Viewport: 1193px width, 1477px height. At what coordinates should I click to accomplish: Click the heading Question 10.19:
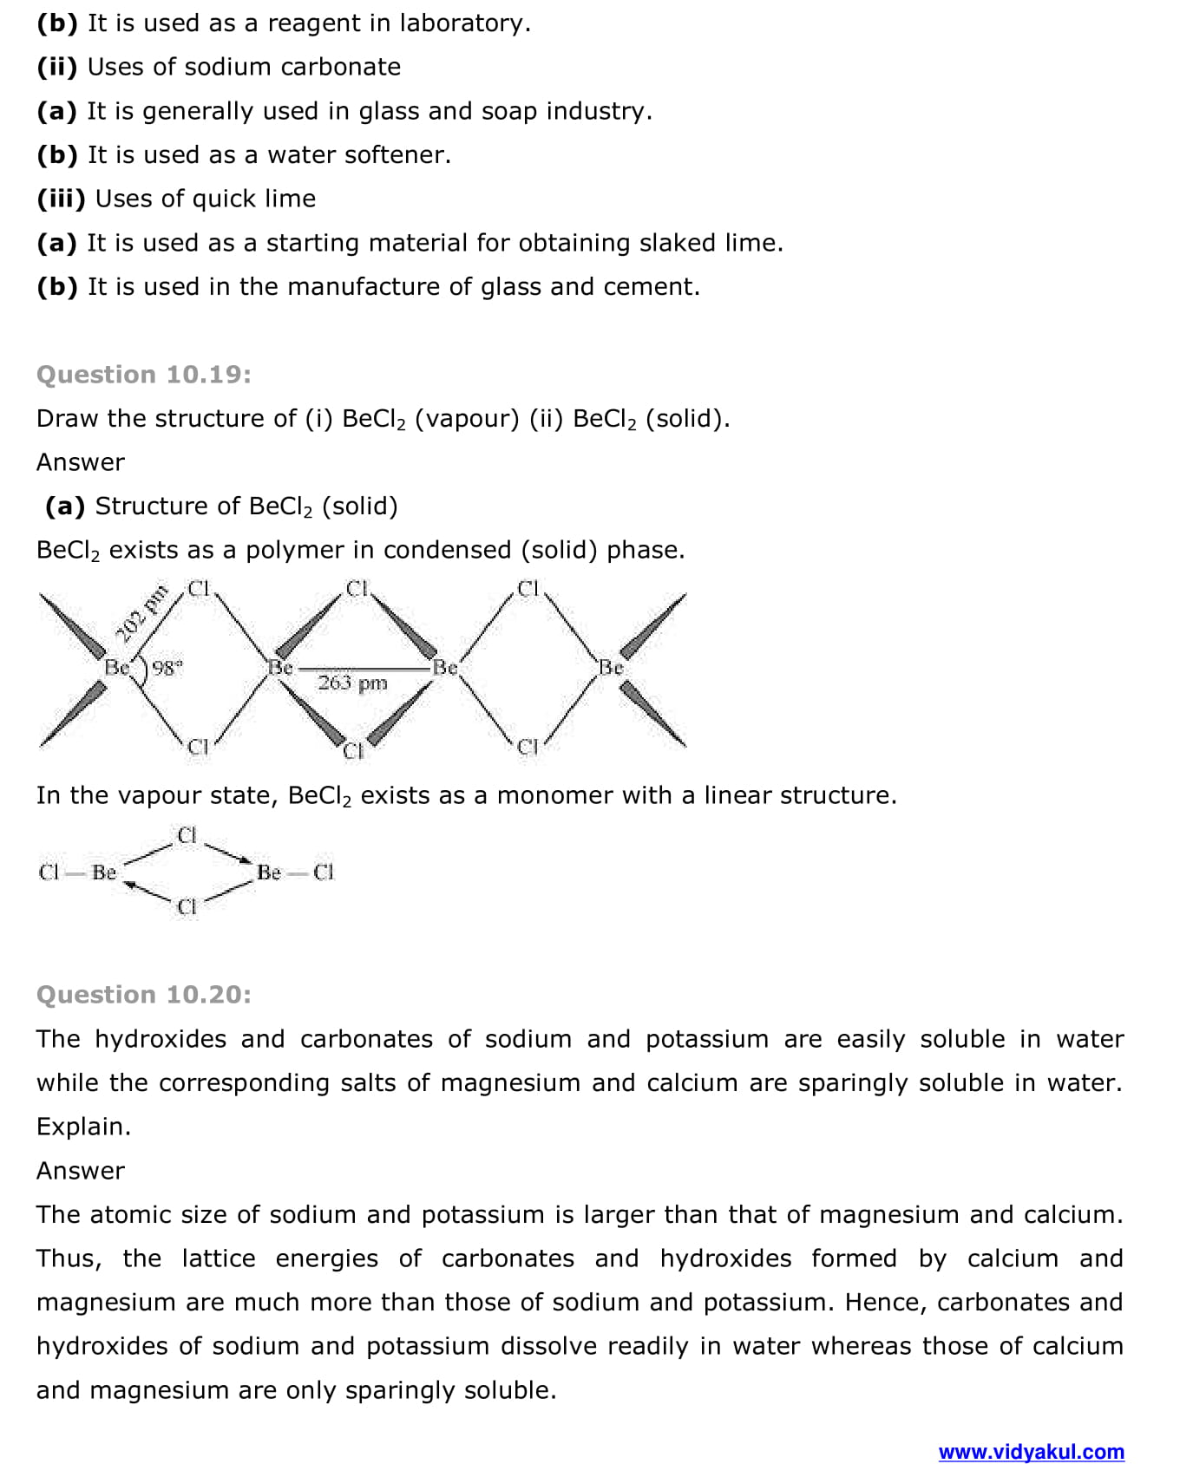[x=144, y=375]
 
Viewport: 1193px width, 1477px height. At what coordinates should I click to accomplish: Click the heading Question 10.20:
[x=144, y=995]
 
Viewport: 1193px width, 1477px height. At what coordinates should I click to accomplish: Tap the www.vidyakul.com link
[x=1031, y=1452]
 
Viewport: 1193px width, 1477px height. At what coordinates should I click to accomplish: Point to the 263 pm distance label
[x=352, y=683]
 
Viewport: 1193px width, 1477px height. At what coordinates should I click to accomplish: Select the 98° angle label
[x=167, y=668]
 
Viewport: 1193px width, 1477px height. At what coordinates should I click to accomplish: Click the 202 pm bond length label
[x=141, y=614]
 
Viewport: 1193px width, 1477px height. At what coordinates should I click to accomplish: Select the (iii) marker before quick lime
[x=61, y=199]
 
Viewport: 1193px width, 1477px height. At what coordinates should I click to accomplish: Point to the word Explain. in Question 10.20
[x=83, y=1127]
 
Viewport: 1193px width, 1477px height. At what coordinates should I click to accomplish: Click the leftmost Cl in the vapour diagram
[x=49, y=872]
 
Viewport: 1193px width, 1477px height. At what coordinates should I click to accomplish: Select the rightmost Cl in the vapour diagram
[x=324, y=872]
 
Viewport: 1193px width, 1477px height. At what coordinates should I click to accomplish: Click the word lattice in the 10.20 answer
[x=219, y=1258]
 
